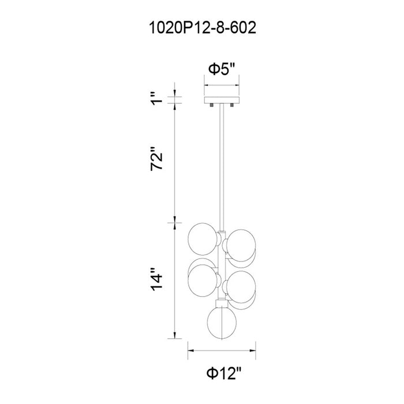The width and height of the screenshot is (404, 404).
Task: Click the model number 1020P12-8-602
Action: click(203, 28)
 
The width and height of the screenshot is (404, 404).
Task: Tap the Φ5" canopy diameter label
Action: click(222, 69)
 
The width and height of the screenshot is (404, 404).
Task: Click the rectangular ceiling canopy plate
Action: click(222, 100)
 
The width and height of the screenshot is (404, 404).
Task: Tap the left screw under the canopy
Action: click(212, 105)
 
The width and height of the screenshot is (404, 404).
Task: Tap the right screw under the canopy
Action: click(232, 105)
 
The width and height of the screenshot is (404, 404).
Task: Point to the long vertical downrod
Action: click(222, 167)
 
